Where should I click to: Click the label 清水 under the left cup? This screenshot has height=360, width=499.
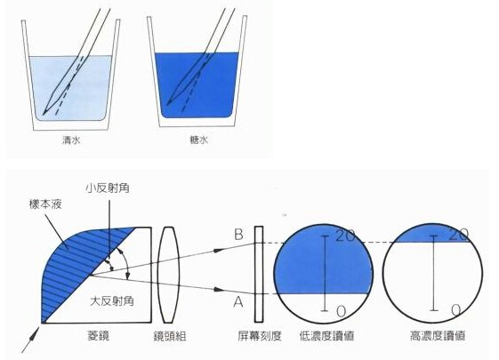pyautogui.click(x=71, y=140)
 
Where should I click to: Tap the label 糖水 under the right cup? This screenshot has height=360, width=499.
pyautogui.click(x=199, y=140)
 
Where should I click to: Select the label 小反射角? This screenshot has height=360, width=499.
pyautogui.click(x=108, y=188)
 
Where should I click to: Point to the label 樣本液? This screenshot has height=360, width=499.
pyautogui.click(x=45, y=204)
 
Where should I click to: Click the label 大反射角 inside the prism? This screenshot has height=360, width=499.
pyautogui.click(x=112, y=300)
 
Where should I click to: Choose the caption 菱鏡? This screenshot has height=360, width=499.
pyautogui.click(x=99, y=336)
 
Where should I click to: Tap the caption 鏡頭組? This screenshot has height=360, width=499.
pyautogui.click(x=170, y=336)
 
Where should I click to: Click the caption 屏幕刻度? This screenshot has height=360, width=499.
pyautogui.click(x=260, y=336)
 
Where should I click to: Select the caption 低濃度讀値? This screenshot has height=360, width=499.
pyautogui.click(x=326, y=336)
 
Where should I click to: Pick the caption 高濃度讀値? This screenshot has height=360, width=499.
pyautogui.click(x=438, y=336)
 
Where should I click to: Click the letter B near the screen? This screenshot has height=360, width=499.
pyautogui.click(x=238, y=235)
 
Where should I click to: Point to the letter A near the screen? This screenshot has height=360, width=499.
pyautogui.click(x=238, y=302)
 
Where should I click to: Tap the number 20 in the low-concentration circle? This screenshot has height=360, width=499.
pyautogui.click(x=345, y=236)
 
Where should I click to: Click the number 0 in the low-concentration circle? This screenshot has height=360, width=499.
pyautogui.click(x=341, y=311)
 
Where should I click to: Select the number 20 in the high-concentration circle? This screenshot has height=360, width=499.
pyautogui.click(x=459, y=235)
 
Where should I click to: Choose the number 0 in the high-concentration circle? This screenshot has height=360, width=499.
pyautogui.click(x=455, y=310)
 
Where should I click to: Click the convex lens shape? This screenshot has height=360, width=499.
pyautogui.click(x=170, y=275)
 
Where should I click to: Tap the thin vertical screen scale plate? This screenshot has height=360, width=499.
pyautogui.click(x=259, y=274)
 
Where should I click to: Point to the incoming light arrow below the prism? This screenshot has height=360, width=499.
pyautogui.click(x=31, y=340)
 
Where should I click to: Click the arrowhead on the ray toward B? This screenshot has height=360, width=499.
pyautogui.click(x=218, y=250)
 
